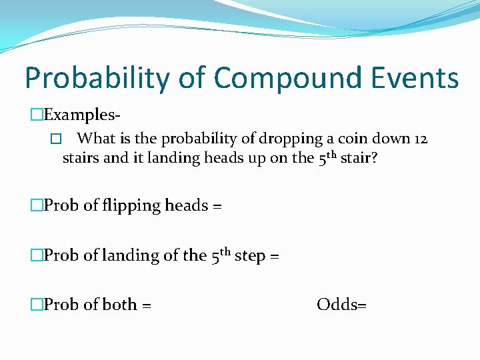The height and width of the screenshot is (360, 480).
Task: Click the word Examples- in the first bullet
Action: [82, 115]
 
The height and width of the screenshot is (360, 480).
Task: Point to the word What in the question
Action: [97, 139]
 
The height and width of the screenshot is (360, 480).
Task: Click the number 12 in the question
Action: [419, 139]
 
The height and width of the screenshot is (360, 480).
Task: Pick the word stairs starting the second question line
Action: [81, 158]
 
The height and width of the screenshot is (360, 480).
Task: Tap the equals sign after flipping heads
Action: [217, 206]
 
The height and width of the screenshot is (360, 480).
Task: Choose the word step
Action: [249, 255]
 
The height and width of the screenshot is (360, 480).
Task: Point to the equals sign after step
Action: [274, 256]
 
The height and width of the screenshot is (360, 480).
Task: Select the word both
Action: [120, 305]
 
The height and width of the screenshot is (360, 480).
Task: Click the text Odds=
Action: [342, 305]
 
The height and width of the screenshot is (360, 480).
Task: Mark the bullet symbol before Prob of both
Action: [37, 305]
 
